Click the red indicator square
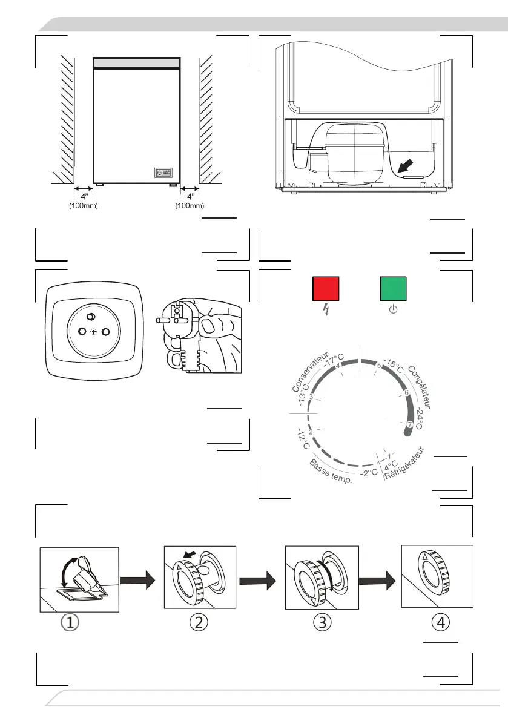(325, 289)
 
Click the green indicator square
(393, 289)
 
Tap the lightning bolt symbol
(326, 311)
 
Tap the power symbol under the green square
(393, 310)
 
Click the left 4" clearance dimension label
(82, 197)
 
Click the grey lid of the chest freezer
(137, 63)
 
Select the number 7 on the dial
(410, 424)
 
